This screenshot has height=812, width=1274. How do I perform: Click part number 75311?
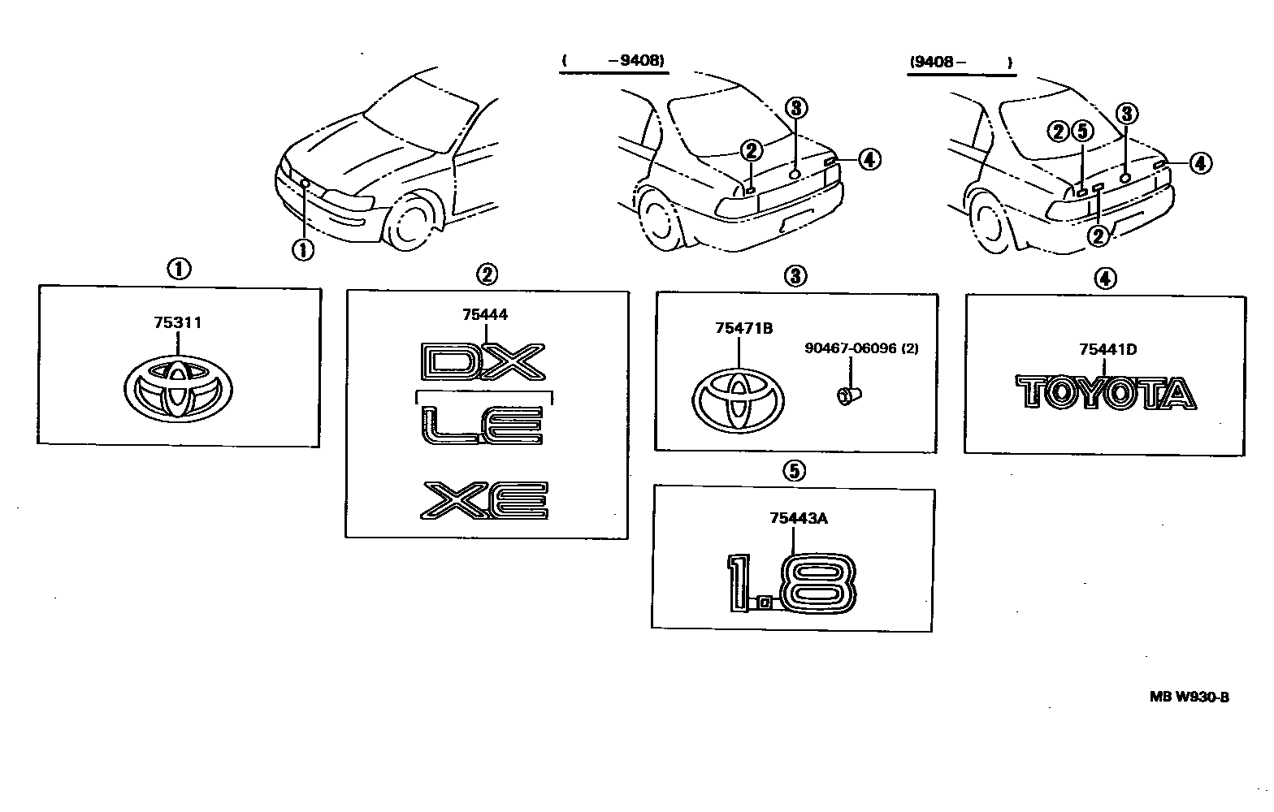(177, 323)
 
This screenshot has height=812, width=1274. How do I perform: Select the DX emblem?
(483, 362)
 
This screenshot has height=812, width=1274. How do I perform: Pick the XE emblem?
(485, 500)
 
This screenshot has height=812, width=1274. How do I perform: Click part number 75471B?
(743, 328)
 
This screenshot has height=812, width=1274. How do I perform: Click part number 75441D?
(1107, 350)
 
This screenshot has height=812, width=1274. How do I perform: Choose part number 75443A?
(799, 519)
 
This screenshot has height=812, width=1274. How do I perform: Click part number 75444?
(485, 315)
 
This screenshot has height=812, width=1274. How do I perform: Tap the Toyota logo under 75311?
(179, 391)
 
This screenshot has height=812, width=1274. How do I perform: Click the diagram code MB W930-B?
(1189, 696)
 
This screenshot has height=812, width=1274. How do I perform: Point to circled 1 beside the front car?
(302, 249)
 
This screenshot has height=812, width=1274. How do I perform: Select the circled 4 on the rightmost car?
(1199, 163)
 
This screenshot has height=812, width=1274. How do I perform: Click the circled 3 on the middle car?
(795, 107)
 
